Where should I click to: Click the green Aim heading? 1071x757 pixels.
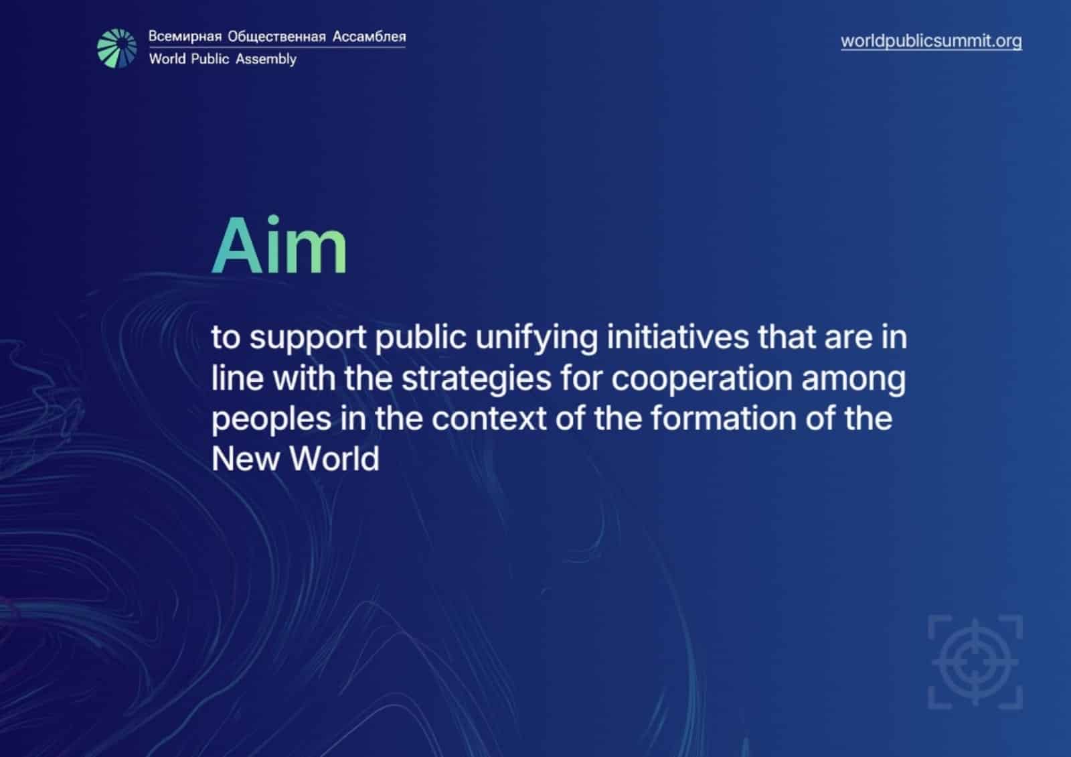(279, 245)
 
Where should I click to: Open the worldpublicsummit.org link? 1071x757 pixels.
(931, 41)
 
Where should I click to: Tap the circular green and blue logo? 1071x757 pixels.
(116, 48)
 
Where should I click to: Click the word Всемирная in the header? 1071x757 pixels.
(185, 36)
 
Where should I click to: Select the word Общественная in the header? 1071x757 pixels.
(276, 36)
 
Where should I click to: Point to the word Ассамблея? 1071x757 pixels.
(369, 36)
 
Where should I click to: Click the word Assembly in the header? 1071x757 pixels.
(266, 59)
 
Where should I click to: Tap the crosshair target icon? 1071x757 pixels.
(975, 663)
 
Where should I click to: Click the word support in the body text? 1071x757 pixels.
(308, 338)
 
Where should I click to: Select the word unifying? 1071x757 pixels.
(536, 338)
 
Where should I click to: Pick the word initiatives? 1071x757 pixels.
(678, 336)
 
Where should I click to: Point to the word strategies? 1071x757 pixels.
(476, 378)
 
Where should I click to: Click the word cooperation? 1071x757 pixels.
(702, 378)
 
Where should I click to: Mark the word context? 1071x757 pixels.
(489, 419)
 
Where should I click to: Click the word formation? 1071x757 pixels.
(724, 418)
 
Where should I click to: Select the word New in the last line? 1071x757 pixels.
(245, 458)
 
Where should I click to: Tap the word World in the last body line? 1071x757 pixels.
(334, 458)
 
